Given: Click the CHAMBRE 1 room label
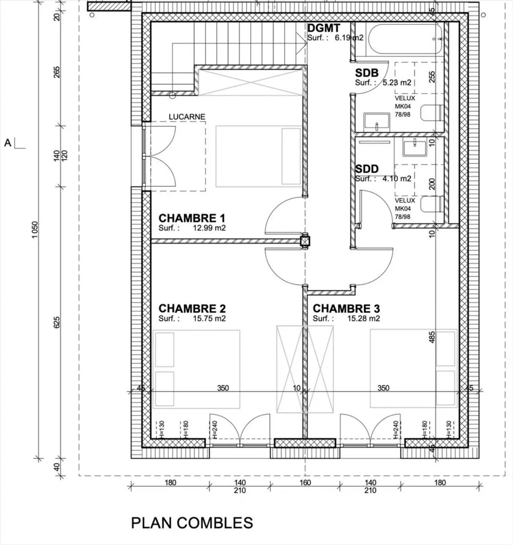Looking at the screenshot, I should (192, 218).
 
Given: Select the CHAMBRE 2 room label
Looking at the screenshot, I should (192, 308).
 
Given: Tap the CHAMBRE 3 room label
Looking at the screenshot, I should (346, 308).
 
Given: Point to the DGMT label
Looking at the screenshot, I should (323, 28).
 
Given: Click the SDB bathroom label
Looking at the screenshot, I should (367, 73).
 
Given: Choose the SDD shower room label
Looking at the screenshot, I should (367, 169).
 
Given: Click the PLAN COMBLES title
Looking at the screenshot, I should (192, 523).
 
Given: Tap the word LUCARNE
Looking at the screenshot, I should (187, 117).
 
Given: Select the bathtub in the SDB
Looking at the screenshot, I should (406, 39).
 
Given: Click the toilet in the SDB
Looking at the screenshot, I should (432, 113).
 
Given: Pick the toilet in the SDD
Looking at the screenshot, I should (432, 204).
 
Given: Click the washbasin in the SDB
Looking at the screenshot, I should (377, 122).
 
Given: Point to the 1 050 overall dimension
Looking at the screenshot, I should (35, 230).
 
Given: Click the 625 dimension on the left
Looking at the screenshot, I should (57, 322).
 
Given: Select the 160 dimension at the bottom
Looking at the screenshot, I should (305, 483).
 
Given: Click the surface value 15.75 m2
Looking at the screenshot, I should (209, 318).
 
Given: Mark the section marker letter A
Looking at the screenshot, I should (8, 143).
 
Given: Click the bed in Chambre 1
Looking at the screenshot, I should (259, 156).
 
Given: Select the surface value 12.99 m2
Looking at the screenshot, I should (209, 228).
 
